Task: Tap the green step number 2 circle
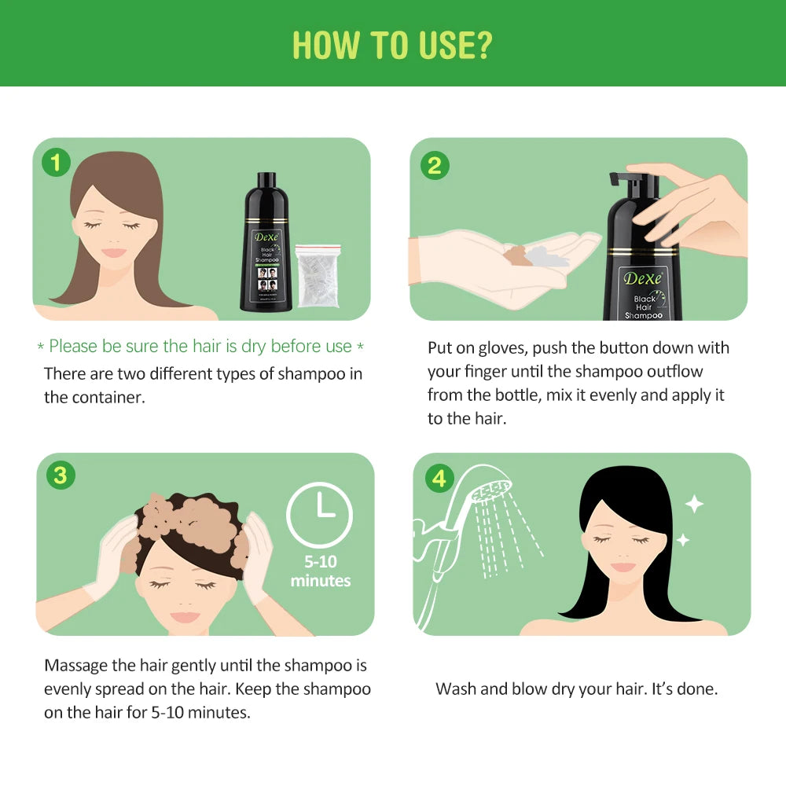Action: click(435, 165)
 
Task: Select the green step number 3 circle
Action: click(61, 476)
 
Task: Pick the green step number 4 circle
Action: click(439, 478)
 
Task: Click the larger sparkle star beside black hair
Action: click(694, 504)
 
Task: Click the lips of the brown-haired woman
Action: click(115, 252)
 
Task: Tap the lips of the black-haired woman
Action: click(623, 567)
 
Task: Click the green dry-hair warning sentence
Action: click(200, 347)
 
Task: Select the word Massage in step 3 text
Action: click(77, 665)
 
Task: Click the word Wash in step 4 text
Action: click(454, 689)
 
